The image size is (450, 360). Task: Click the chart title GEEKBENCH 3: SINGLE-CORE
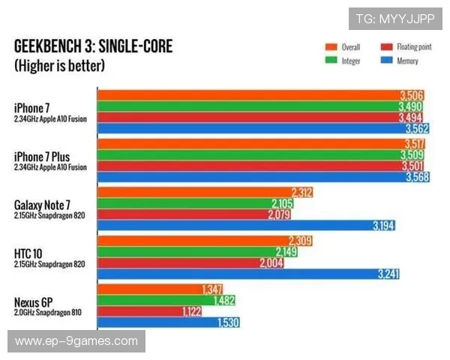click(x=93, y=47)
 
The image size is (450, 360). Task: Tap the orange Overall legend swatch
click(x=330, y=46)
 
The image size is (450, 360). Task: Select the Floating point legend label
click(x=415, y=46)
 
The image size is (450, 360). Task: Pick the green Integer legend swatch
click(x=330, y=61)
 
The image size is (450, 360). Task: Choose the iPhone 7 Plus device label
click(x=43, y=156)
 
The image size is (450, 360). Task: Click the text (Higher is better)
click(x=59, y=65)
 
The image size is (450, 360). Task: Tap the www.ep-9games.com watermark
click(x=76, y=341)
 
